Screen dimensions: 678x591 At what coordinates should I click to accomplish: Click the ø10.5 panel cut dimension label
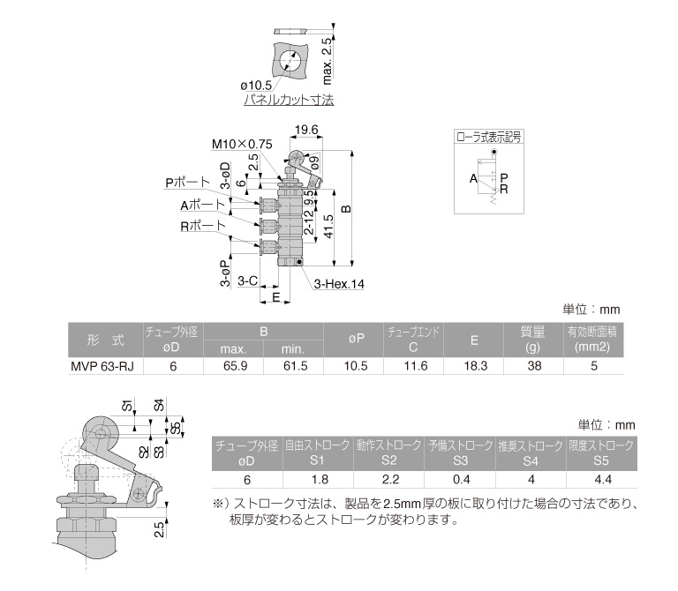point(256,85)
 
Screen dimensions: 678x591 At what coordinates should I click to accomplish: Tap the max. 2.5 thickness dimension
point(328,61)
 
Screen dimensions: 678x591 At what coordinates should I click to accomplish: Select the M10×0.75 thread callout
point(242,144)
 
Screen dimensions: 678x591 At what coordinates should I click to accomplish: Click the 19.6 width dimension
point(306,130)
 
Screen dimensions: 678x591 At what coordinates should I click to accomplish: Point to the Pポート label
point(188,183)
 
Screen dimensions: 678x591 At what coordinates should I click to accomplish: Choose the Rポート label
point(203,226)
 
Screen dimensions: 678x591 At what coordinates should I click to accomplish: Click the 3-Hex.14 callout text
point(339,284)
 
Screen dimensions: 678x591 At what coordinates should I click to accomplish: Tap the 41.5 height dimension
point(328,227)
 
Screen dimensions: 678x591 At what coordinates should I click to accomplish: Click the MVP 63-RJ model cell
point(102,366)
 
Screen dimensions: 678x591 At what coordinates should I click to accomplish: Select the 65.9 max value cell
point(235,366)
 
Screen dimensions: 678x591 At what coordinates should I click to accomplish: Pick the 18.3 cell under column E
point(475,366)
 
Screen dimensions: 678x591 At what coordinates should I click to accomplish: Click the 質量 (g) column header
point(532,340)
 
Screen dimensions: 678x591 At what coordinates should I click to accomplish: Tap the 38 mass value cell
point(534,366)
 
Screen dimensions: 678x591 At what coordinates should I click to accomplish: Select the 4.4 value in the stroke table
point(603,480)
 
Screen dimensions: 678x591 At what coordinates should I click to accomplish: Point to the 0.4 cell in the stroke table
point(462,480)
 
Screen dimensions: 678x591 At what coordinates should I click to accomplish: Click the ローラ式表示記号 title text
point(488,138)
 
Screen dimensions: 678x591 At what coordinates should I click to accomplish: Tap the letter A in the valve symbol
point(473,178)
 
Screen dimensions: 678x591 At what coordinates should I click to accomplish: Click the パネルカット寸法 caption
point(289,100)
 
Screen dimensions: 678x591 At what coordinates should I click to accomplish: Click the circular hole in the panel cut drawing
point(290,61)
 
